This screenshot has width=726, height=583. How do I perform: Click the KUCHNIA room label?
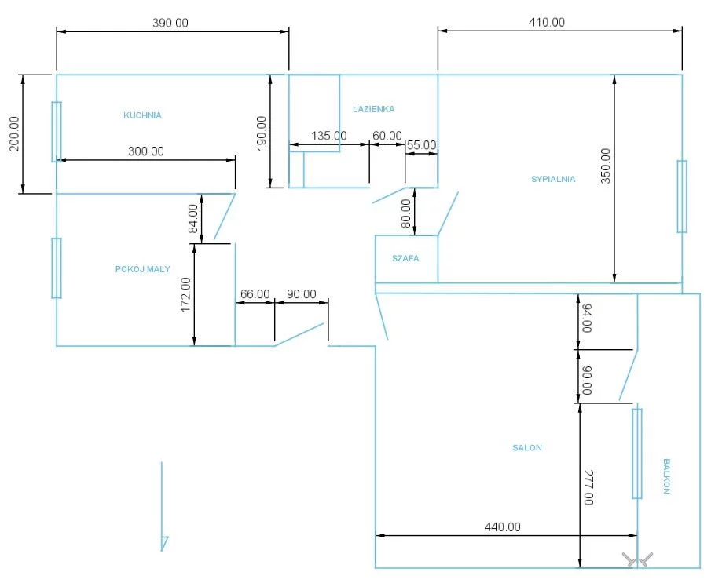click(x=143, y=115)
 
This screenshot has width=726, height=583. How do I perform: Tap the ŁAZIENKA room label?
click(x=374, y=109)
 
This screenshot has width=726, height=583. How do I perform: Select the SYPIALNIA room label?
click(x=553, y=179)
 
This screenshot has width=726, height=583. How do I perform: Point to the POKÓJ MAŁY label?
click(x=143, y=269)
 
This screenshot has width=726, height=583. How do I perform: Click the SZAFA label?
click(x=405, y=258)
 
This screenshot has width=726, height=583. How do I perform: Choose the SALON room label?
click(x=527, y=447)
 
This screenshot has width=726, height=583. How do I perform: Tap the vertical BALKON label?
click(x=666, y=476)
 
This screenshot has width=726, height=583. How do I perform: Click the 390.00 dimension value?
click(x=170, y=23)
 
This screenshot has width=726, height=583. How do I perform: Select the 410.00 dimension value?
click(x=547, y=22)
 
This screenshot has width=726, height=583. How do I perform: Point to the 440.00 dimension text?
click(x=502, y=527)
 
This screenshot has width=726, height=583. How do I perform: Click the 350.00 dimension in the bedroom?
click(x=606, y=166)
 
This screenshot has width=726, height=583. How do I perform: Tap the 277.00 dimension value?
click(x=588, y=488)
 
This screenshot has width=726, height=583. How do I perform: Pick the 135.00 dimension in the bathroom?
click(x=328, y=136)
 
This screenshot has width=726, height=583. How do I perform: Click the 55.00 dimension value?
click(x=421, y=145)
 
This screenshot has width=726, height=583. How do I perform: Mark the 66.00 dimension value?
click(x=255, y=294)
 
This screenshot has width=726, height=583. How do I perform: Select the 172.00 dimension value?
click(x=186, y=295)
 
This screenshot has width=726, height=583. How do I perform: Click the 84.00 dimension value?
click(x=193, y=219)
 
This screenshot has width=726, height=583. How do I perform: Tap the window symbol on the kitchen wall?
click(x=57, y=132)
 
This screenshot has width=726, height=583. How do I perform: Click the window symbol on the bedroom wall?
click(x=682, y=196)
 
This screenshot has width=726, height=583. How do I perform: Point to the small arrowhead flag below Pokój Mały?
click(x=164, y=543)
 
